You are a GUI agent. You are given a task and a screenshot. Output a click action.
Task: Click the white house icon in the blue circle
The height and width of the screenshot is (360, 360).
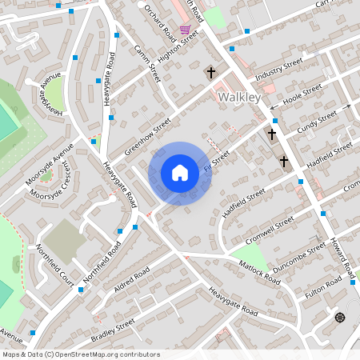[x=180, y=172]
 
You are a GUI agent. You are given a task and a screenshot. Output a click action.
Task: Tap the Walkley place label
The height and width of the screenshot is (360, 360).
[x=239, y=97]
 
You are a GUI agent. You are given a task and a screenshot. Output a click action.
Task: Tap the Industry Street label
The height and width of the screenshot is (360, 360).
[x=278, y=68]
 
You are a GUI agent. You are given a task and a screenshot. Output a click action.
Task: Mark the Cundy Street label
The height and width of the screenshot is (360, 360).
[x=318, y=122]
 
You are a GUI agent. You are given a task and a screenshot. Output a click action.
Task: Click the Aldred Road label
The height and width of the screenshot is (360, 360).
[x=132, y=279]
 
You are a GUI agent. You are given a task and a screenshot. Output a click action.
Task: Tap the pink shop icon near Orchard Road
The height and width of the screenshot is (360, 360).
[x=186, y=30]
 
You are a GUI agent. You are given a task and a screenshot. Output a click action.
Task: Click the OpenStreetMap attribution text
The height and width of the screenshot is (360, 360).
[x=80, y=354]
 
